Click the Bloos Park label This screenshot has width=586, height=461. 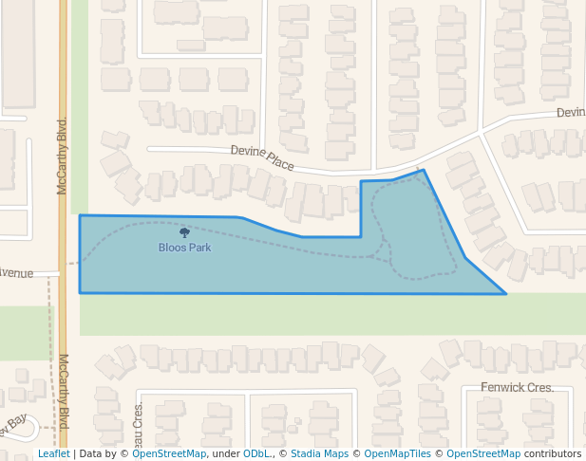[184, 248]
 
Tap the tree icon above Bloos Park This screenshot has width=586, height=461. [184, 232]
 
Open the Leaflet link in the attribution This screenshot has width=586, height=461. [53, 453]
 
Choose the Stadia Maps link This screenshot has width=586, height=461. [319, 453]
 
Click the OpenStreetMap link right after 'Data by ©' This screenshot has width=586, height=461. [169, 453]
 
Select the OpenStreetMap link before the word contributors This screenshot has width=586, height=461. [483, 453]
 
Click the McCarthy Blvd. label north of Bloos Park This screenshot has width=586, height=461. [63, 157]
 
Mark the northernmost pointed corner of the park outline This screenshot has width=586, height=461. [424, 171]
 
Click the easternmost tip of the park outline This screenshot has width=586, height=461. [505, 293]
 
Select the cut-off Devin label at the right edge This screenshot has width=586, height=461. [571, 112]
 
